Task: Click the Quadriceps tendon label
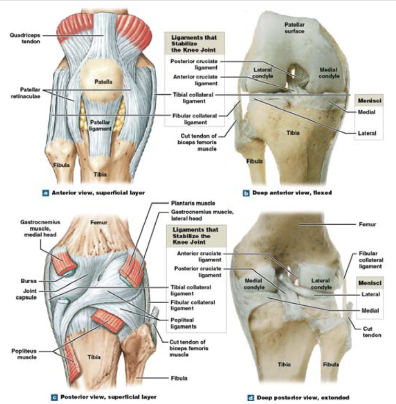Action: pos(24,39)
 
